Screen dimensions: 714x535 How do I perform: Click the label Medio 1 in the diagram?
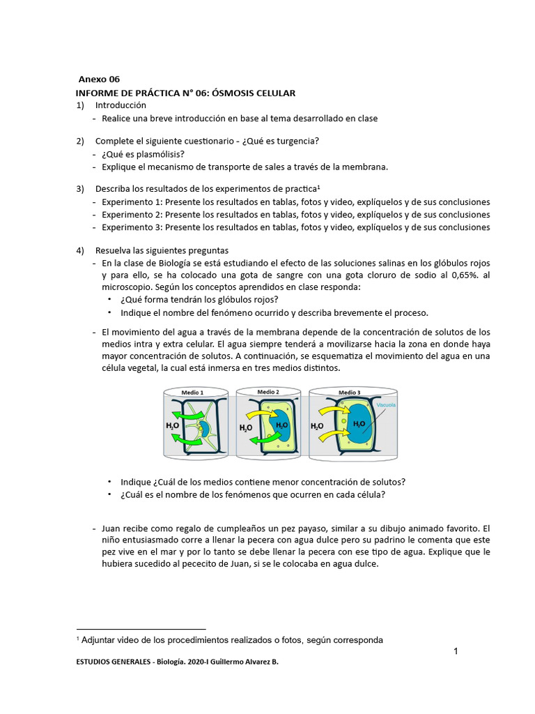pos(192,393)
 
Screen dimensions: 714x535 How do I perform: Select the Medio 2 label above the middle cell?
pos(268,392)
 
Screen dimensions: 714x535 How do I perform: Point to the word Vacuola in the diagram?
pos(386,404)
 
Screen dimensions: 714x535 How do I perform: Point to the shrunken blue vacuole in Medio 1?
pos(206,427)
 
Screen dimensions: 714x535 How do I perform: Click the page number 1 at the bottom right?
pos(456,651)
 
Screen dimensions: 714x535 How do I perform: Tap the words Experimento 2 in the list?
pos(132,215)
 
